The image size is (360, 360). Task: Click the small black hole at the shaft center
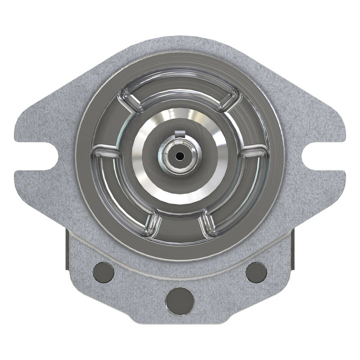[179, 156]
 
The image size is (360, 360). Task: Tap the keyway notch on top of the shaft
[178, 132]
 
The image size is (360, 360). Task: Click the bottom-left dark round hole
[104, 271]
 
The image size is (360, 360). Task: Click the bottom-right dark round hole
[256, 271]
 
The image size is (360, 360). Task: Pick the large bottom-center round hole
[179, 300]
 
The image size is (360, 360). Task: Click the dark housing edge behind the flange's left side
[69, 244]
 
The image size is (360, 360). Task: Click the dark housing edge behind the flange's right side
[291, 244]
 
